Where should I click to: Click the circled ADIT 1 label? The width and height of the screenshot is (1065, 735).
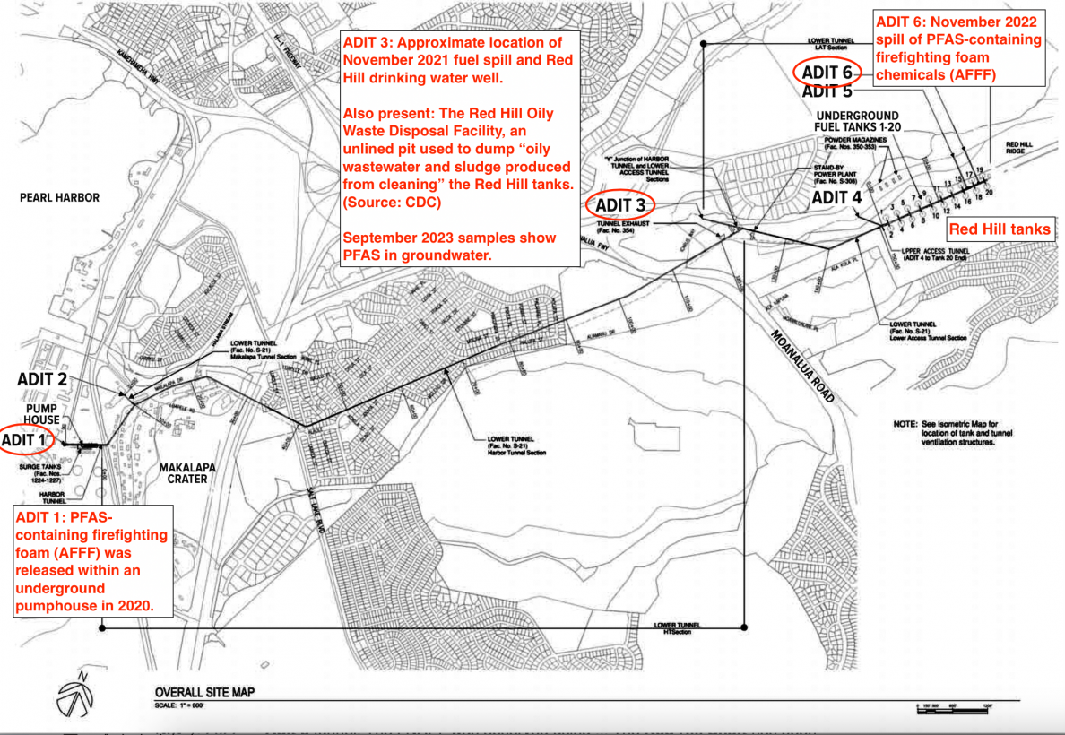pyautogui.click(x=27, y=439)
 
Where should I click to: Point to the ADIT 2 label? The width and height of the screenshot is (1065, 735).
pyautogui.click(x=42, y=379)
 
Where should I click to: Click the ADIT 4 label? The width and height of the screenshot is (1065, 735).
pyautogui.click(x=836, y=197)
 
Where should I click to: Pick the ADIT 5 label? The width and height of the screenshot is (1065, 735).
pyautogui.click(x=827, y=91)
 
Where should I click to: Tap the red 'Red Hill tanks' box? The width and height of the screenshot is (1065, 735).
pyautogui.click(x=1000, y=229)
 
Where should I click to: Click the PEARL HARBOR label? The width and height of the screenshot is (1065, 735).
pyautogui.click(x=58, y=197)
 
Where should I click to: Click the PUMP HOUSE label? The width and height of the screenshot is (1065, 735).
pyautogui.click(x=42, y=413)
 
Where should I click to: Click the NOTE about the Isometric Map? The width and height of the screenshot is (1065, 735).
pyautogui.click(x=954, y=432)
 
